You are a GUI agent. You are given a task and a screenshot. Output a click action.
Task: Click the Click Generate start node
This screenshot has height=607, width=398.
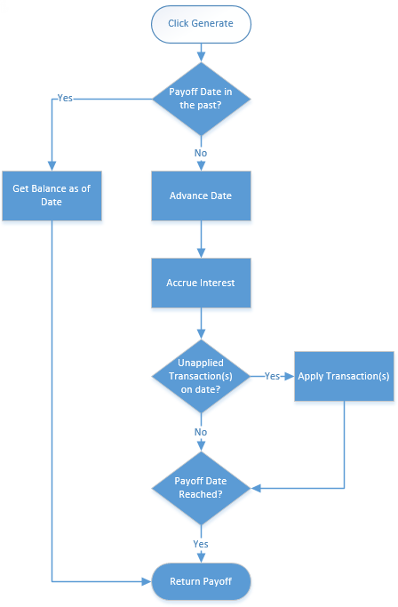click(x=201, y=24)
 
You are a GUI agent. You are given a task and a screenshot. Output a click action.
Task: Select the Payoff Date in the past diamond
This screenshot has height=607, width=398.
click(x=201, y=99)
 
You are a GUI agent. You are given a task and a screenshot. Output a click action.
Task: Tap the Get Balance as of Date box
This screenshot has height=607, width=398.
click(x=52, y=196)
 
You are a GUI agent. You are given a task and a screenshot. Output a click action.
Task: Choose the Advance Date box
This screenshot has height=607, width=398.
click(x=201, y=196)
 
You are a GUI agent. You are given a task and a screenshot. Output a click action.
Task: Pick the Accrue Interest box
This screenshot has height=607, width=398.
click(x=201, y=283)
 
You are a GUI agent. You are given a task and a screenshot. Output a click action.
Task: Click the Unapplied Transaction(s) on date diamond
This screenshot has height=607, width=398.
click(x=201, y=376)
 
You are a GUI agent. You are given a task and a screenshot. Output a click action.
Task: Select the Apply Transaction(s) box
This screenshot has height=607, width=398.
click(x=344, y=376)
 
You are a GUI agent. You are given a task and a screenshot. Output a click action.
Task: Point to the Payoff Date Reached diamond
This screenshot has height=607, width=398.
click(x=201, y=488)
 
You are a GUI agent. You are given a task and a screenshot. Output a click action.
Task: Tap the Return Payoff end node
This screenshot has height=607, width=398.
click(x=201, y=581)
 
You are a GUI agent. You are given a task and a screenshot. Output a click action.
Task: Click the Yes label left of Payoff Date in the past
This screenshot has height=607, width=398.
click(x=65, y=99)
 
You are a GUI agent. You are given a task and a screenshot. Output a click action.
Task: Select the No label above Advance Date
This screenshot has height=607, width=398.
click(x=201, y=153)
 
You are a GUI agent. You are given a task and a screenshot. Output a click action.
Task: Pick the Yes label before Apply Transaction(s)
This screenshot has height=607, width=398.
click(x=272, y=376)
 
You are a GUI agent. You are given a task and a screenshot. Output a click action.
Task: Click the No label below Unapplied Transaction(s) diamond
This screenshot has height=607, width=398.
click(x=201, y=432)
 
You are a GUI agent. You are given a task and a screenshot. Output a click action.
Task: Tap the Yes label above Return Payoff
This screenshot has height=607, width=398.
click(x=201, y=544)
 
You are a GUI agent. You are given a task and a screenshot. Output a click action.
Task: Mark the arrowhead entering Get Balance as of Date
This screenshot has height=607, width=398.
click(x=52, y=166)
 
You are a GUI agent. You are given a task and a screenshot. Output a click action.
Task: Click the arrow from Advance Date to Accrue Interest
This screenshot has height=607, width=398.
click(x=201, y=240)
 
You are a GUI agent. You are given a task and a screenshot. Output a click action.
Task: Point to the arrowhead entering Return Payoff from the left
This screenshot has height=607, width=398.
click(x=147, y=581)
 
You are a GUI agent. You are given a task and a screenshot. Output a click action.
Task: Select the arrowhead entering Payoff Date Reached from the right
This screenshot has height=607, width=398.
click(x=256, y=488)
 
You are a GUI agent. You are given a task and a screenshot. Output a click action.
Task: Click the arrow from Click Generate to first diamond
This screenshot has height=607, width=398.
click(x=201, y=52)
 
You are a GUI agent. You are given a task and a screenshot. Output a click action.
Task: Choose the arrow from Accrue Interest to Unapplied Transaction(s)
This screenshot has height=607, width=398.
click(x=201, y=323)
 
